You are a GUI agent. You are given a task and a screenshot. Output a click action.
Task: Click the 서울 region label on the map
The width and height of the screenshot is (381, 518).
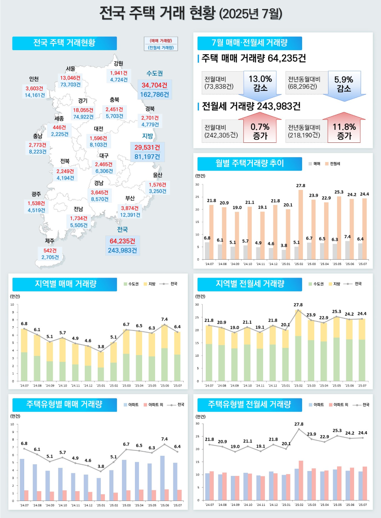click(70, 68)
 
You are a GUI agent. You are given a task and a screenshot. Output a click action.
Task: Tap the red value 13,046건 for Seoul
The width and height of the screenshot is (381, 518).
click(70, 77)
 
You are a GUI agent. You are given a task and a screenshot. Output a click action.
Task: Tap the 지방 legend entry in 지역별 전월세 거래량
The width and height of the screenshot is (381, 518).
click(336, 284)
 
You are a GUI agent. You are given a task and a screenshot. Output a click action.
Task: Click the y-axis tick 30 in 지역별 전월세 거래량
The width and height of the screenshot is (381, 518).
click(197, 305)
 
